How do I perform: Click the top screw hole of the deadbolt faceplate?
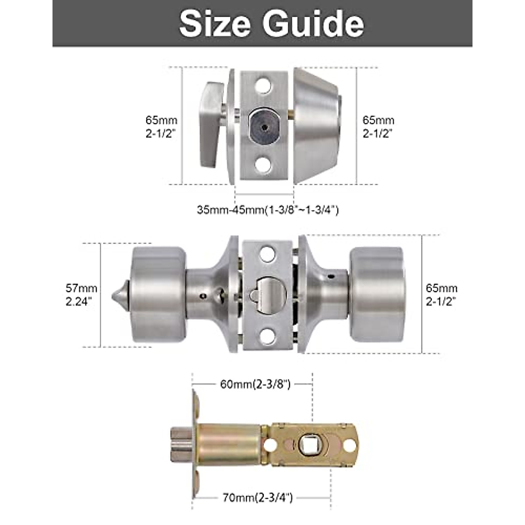[262, 86]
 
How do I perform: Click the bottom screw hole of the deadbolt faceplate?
[262, 165]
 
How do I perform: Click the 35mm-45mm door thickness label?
[268, 210]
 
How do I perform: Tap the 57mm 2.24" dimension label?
[81, 294]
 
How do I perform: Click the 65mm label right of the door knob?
[441, 294]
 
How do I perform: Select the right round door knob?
[377, 294]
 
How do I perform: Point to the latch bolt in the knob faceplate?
[266, 296]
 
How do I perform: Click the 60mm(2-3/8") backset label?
[253, 384]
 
